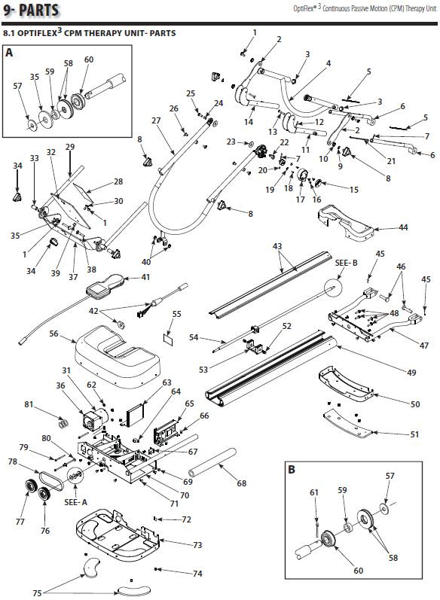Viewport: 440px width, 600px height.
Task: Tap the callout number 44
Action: coord(404,227)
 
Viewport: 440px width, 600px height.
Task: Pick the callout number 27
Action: coord(156,120)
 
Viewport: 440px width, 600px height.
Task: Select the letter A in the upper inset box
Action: coord(9,53)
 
